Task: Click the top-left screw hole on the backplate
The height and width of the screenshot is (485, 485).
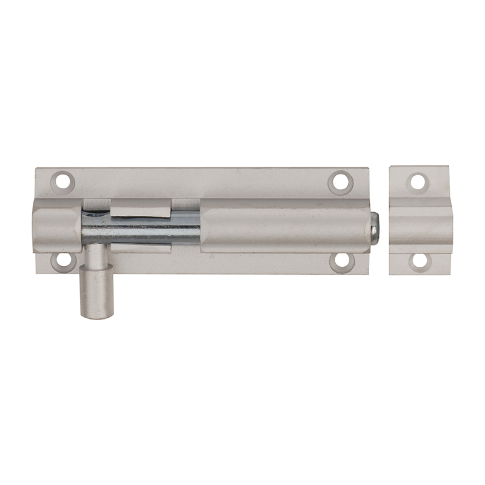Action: (x=62, y=180)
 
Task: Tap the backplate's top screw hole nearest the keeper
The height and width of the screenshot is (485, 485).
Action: (x=340, y=180)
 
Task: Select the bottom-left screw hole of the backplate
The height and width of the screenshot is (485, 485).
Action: (x=62, y=261)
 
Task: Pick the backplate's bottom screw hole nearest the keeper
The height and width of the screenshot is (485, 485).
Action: (x=341, y=261)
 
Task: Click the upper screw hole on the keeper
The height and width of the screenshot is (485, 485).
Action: (x=418, y=181)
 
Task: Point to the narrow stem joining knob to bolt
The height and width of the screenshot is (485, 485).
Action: (x=94, y=255)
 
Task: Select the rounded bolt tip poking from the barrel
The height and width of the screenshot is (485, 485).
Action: (x=375, y=227)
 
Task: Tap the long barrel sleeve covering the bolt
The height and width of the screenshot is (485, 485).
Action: (x=285, y=227)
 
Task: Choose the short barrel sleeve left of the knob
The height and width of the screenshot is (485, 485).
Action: (x=58, y=226)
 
